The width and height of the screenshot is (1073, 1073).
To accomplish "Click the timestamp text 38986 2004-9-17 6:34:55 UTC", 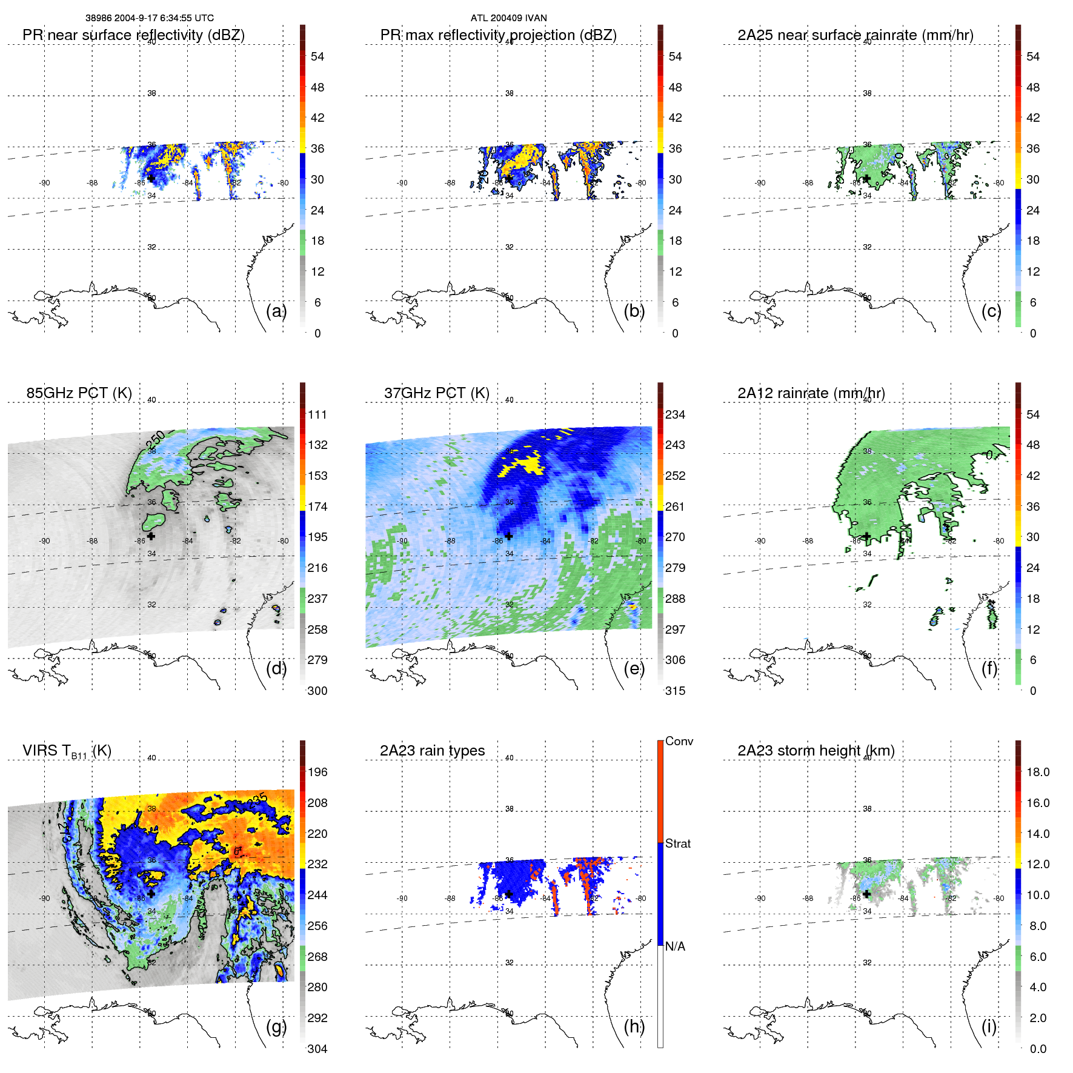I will point(149,18).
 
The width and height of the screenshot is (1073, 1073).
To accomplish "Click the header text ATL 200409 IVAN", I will point(508,18).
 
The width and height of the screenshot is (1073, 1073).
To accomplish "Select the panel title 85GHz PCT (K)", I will point(79,393).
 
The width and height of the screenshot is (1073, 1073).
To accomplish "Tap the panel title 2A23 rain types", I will point(432,751).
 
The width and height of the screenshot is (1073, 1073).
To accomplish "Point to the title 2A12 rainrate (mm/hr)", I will point(811,393).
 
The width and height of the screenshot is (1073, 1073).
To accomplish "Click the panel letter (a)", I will point(276,311).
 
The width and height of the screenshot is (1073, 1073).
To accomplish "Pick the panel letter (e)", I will point(634,668).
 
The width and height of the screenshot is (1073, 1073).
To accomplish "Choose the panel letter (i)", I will point(989,1026).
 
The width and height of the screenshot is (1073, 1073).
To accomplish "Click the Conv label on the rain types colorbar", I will point(679,741).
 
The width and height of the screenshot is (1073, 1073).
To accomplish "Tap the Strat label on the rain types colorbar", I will point(677,843).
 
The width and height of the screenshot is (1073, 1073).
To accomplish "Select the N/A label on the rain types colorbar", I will point(675,946).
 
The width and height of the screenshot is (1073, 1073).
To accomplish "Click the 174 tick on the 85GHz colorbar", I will point(317,507).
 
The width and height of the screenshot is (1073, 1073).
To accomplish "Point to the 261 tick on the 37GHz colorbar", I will point(675,507).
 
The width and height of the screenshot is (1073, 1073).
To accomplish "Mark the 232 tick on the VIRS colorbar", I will point(317,864).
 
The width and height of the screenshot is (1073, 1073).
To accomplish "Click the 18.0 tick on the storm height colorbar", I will point(1037,772).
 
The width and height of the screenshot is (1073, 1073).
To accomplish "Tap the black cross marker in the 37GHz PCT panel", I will point(509,536).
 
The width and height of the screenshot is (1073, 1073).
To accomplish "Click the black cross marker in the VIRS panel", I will point(151,894).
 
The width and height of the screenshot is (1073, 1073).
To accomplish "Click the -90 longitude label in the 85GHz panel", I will point(45,541).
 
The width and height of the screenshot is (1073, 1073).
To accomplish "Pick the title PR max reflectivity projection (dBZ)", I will point(498,35).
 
